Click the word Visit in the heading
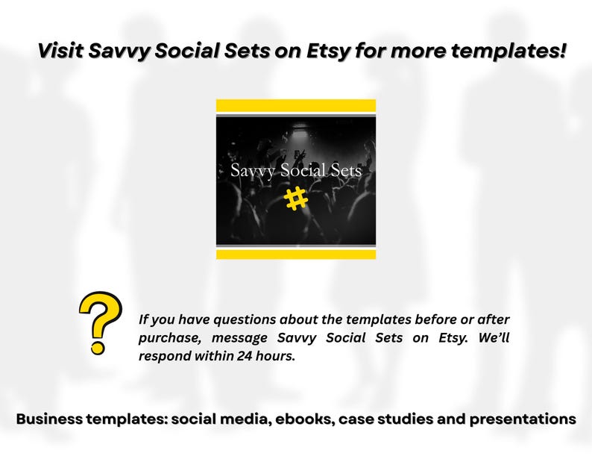61,51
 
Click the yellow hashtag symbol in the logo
296,199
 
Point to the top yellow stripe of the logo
296,105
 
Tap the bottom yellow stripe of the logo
296,254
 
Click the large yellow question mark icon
101,321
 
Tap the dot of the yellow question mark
98,347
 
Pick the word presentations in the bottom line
521,419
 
